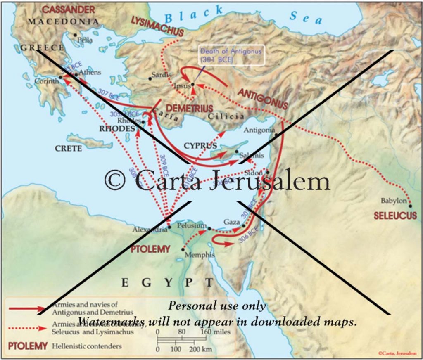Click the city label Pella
(x=86, y=40)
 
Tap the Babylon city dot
(x=410, y=206)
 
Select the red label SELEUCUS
(x=395, y=216)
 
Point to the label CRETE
(x=68, y=149)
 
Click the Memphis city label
(x=200, y=255)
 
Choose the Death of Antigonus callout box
(x=231, y=55)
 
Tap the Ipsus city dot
(x=192, y=84)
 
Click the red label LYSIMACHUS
(x=157, y=21)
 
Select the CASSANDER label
(x=69, y=9)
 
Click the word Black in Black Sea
(x=193, y=16)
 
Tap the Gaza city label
(x=232, y=222)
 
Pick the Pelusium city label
(x=192, y=226)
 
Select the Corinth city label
(x=46, y=81)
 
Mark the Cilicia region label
(x=226, y=116)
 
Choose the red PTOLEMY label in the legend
(x=27, y=346)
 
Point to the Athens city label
(x=90, y=72)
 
